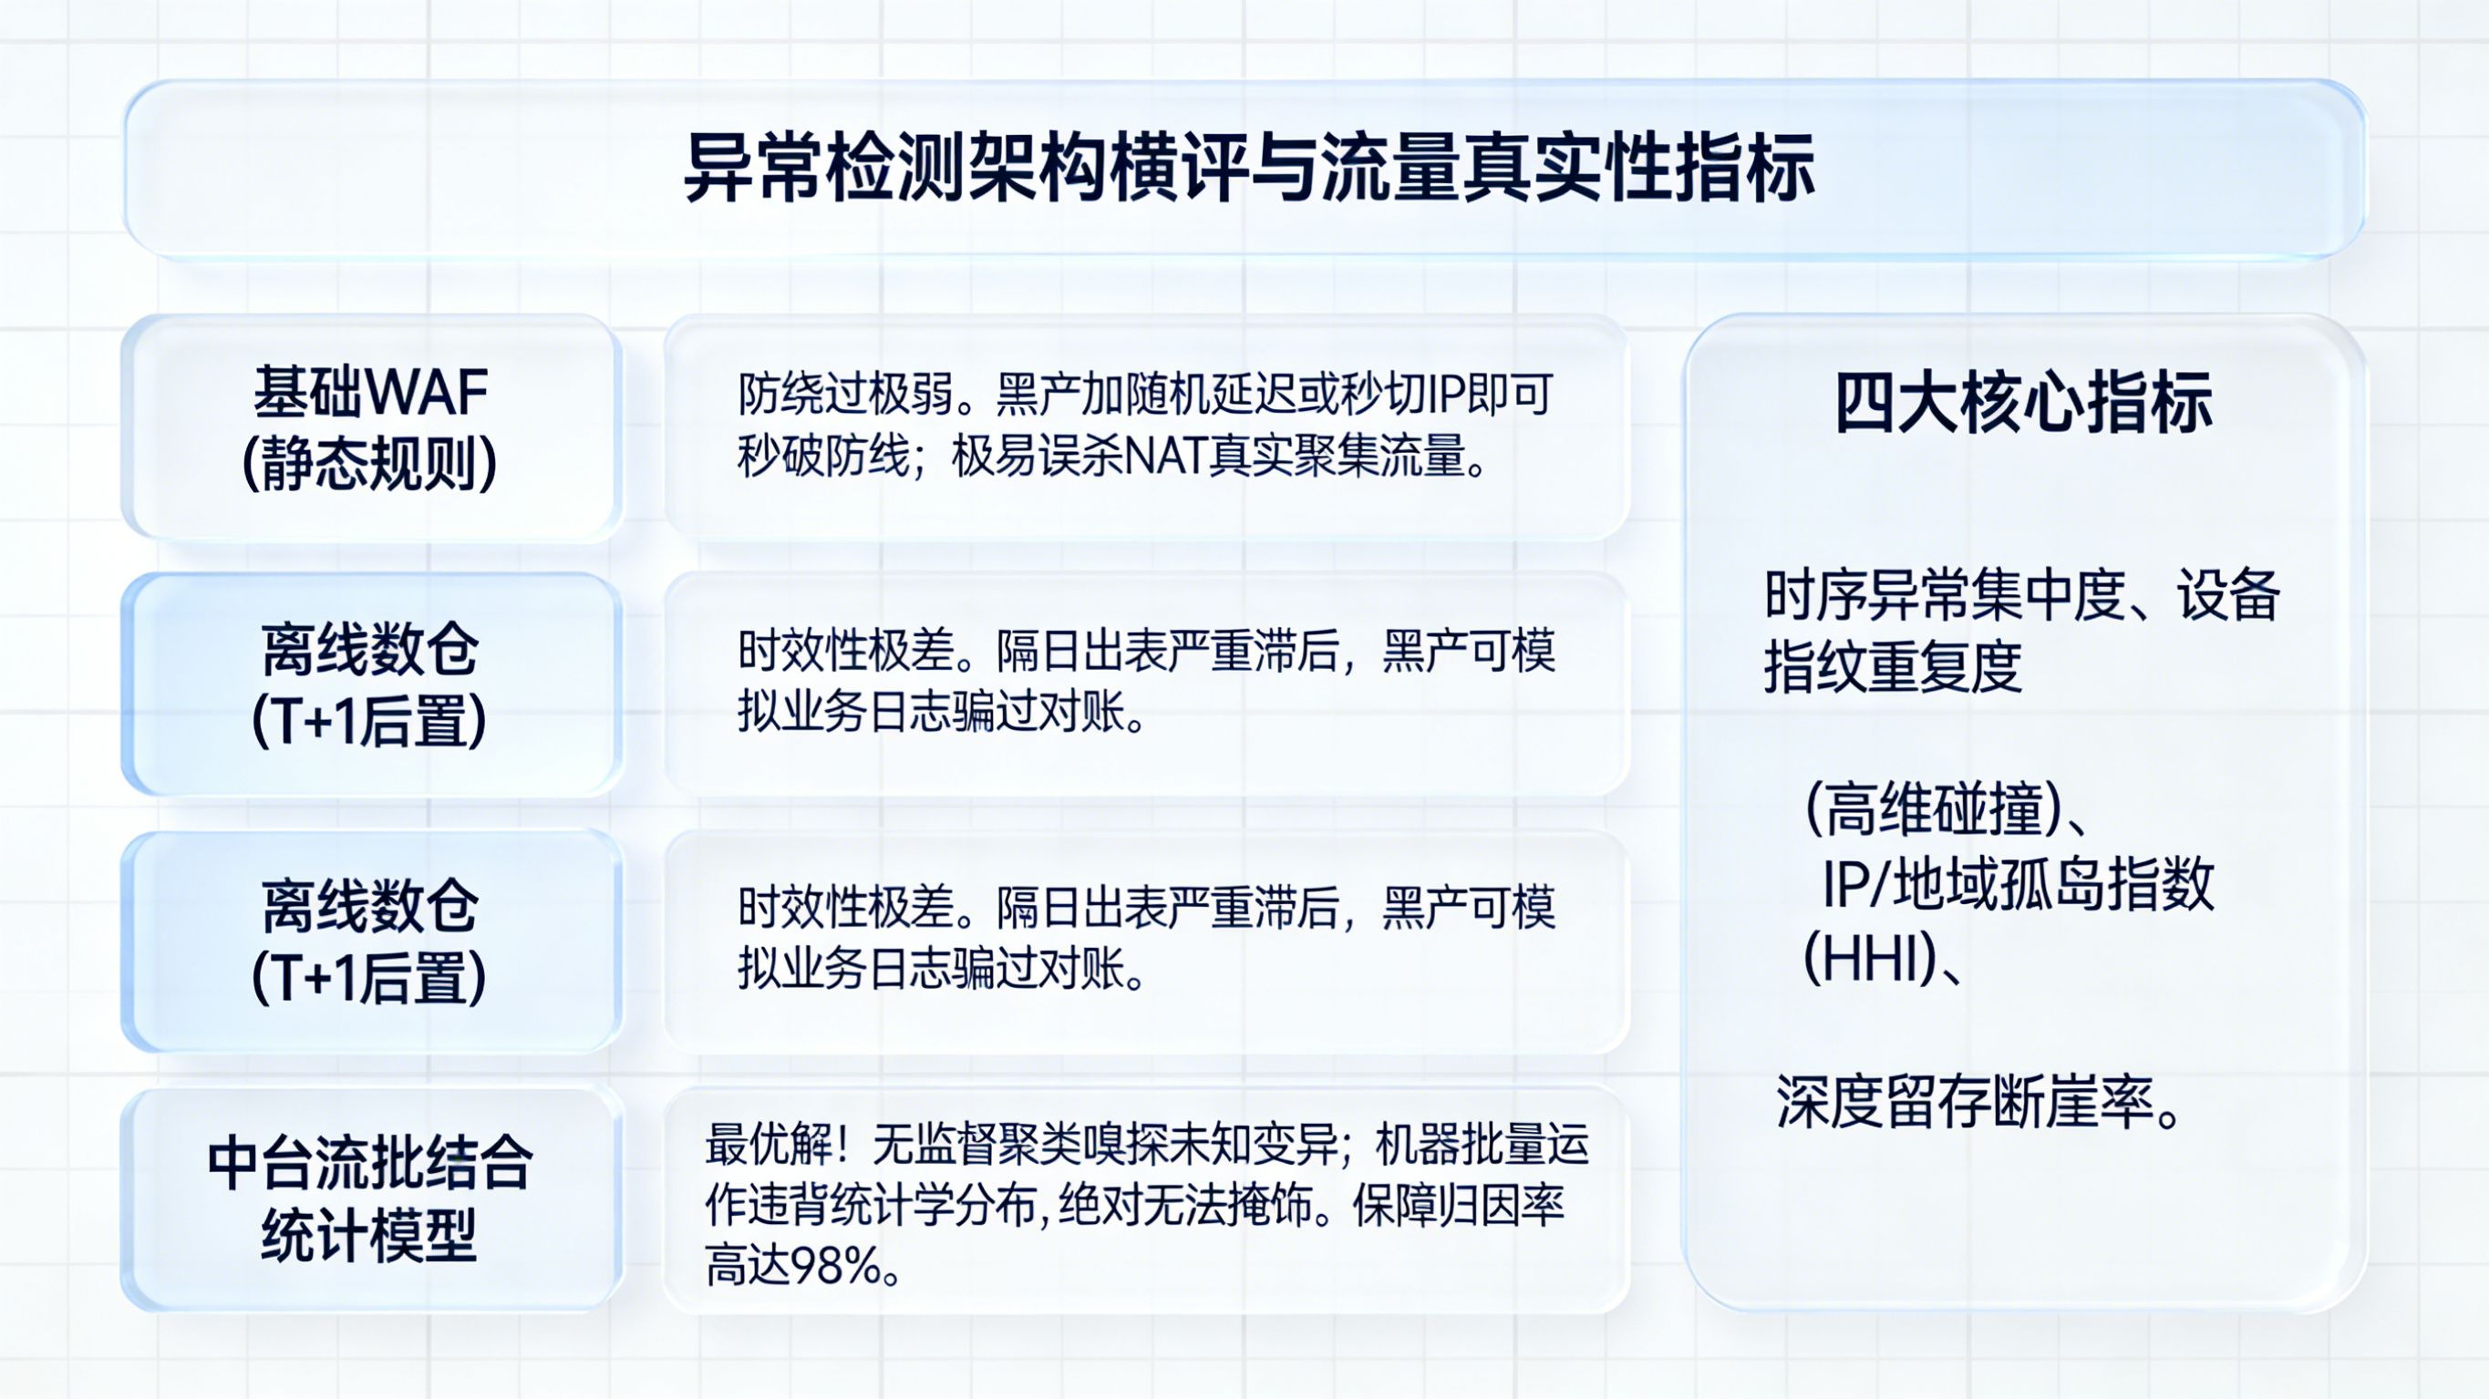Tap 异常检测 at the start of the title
click(x=824, y=170)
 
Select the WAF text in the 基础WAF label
click(x=427, y=393)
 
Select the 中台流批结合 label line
click(x=370, y=1163)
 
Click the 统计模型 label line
click(x=370, y=1235)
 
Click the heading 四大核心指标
click(x=2024, y=402)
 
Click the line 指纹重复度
click(x=1893, y=666)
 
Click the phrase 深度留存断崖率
click(x=1967, y=1103)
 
